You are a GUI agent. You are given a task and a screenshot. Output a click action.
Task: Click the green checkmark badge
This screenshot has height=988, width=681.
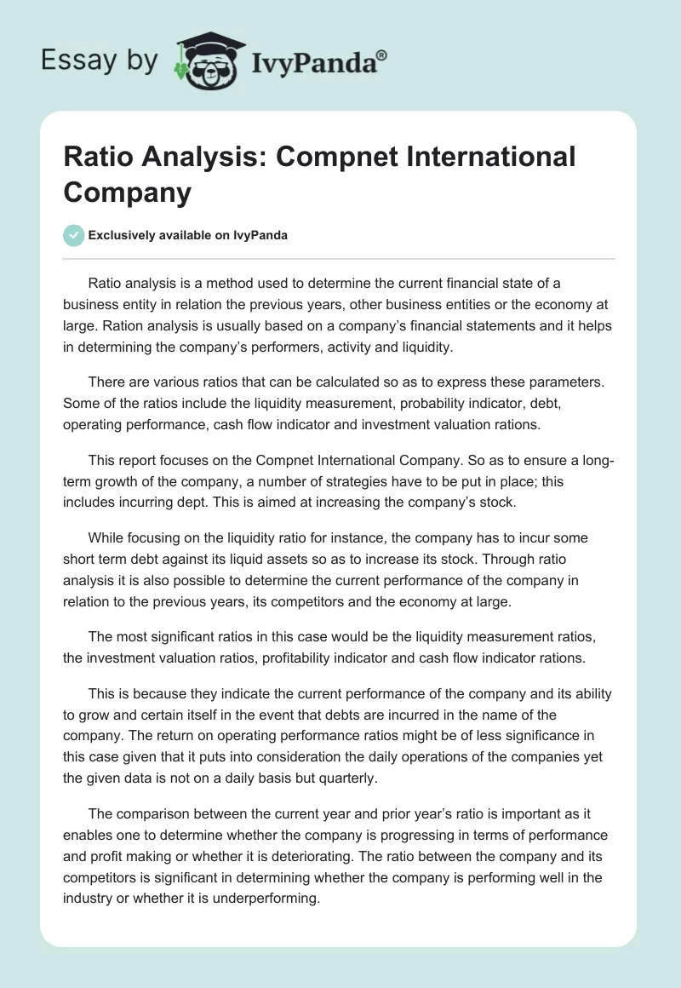point(73,235)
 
